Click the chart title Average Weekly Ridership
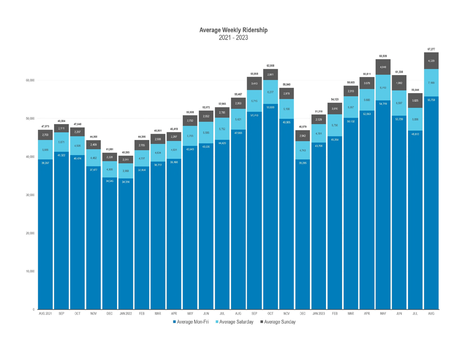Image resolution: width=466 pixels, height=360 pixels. point(233,30)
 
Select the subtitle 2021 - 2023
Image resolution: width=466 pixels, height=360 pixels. point(233,37)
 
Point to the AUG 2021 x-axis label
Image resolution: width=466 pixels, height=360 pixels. point(45,314)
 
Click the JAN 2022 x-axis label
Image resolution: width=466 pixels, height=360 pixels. point(126,314)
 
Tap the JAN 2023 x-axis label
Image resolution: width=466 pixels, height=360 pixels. point(319,314)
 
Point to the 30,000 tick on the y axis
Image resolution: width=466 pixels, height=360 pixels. point(29,195)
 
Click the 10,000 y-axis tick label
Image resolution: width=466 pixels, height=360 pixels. point(29,271)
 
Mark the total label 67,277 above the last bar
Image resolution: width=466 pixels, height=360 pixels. point(431,49)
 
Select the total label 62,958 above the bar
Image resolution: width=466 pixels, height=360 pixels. point(271,66)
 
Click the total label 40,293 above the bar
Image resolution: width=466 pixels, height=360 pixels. point(126,153)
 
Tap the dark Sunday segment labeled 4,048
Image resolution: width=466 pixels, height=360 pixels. point(383,67)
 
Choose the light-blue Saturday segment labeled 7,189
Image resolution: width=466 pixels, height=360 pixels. point(431,83)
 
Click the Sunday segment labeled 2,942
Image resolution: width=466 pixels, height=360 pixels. point(303,136)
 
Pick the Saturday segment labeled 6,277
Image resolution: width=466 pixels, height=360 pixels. point(271,92)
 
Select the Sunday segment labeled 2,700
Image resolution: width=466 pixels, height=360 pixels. point(45,135)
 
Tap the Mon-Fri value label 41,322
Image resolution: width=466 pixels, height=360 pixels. point(62,155)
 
